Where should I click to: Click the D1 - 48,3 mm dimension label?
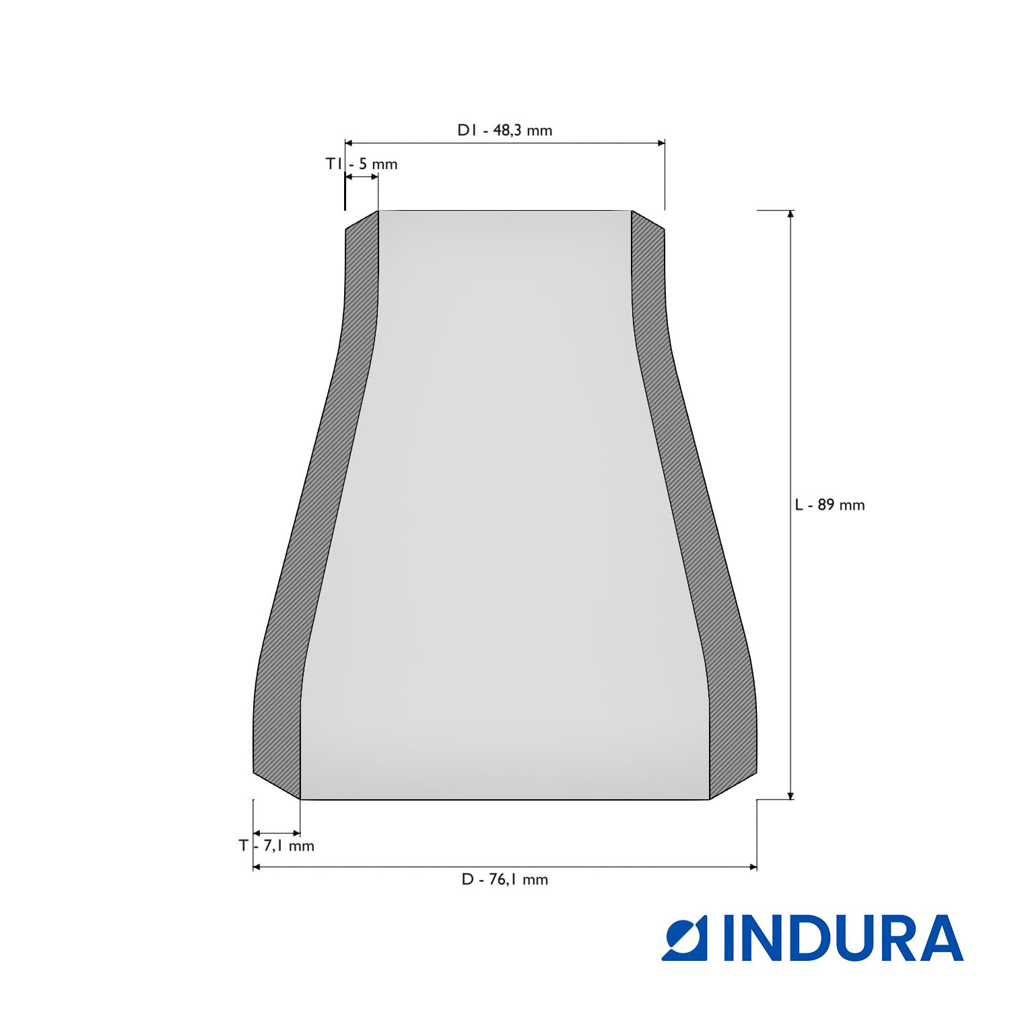point(505,131)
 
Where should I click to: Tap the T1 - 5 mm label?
point(362,164)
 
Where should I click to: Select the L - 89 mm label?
point(830,505)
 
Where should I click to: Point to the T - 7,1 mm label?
point(276,846)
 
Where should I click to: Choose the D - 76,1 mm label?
point(505,879)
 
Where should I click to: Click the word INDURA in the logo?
point(843,938)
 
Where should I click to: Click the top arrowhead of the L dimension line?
point(790,215)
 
